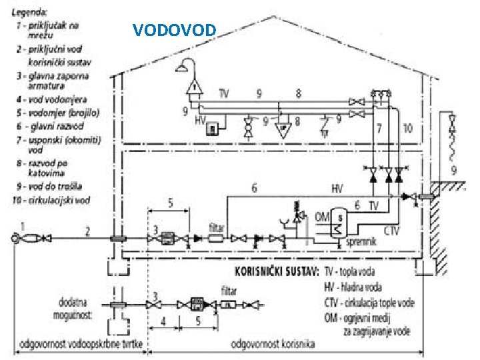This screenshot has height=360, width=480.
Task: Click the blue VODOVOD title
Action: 174,30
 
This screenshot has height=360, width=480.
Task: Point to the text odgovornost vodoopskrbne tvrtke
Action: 78,344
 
